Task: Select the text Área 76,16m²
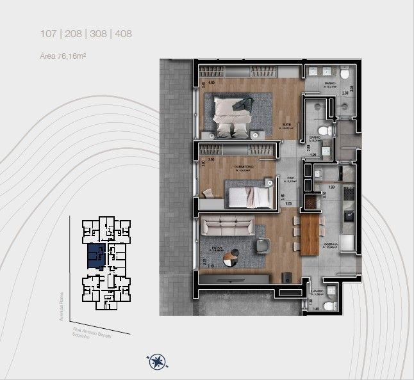[63, 56]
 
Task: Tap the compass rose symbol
[156, 363]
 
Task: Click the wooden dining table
[310, 234]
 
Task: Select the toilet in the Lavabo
[330, 306]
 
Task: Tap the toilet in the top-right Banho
[345, 75]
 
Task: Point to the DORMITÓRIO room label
[245, 168]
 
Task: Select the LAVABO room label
[319, 291]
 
